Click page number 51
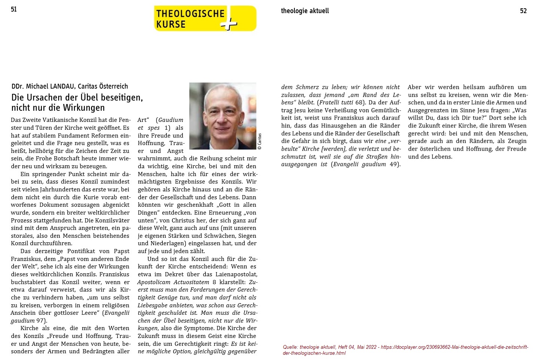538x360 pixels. click(14, 9)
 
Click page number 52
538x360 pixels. click(523, 11)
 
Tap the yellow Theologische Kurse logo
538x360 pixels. click(205, 18)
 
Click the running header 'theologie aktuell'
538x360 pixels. click(305, 11)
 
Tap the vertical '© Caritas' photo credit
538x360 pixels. click(260, 141)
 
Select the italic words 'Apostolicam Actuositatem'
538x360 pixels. click(173, 282)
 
